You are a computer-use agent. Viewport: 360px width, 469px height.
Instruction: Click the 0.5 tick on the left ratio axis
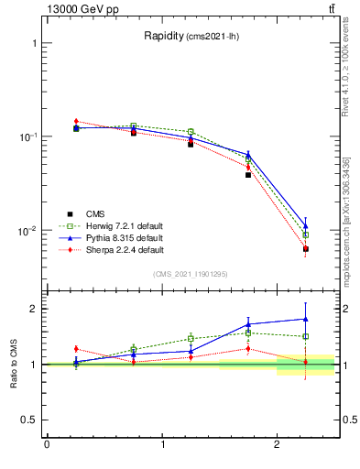(29, 420)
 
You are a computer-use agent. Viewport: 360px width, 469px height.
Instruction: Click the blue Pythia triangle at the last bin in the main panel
(306, 225)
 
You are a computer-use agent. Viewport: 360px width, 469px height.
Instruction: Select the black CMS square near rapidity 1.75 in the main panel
(248, 174)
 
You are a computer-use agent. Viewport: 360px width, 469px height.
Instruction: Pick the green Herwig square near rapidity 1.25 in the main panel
(191, 132)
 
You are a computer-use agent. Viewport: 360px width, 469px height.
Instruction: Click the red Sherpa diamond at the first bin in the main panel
(76, 121)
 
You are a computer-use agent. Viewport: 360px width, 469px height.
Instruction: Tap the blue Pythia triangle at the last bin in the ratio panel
(306, 319)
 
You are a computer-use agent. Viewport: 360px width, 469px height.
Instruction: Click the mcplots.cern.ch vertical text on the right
(353, 229)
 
